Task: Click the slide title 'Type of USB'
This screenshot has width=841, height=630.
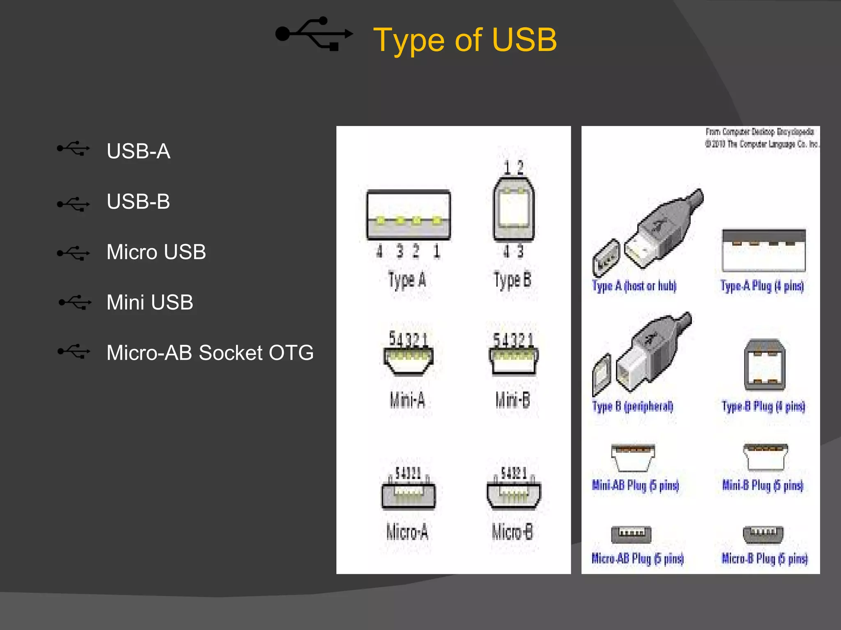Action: pyautogui.click(x=464, y=40)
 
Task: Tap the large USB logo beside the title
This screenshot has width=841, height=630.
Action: pyautogui.click(x=314, y=34)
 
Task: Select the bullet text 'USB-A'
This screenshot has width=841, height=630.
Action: pyautogui.click(x=138, y=151)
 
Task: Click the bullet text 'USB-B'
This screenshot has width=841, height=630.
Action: pyautogui.click(x=138, y=201)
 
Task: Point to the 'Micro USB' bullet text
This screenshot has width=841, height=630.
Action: pyautogui.click(x=156, y=252)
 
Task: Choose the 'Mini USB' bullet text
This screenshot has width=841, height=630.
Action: pyautogui.click(x=149, y=302)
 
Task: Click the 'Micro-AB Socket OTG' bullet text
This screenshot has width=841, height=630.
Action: pyautogui.click(x=210, y=353)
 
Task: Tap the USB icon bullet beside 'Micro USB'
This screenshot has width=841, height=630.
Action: pyautogui.click(x=74, y=253)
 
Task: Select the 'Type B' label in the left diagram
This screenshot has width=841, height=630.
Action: pyautogui.click(x=512, y=281)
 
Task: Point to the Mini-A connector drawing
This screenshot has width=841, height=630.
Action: pyautogui.click(x=408, y=360)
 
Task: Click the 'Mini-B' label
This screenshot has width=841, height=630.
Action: pyautogui.click(x=513, y=399)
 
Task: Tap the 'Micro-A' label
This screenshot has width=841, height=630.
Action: pyautogui.click(x=407, y=532)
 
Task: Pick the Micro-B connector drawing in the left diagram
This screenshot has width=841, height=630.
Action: pyautogui.click(x=514, y=494)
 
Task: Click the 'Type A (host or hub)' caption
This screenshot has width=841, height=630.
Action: pyautogui.click(x=634, y=286)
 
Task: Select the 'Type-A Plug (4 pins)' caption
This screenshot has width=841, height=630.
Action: pyautogui.click(x=762, y=286)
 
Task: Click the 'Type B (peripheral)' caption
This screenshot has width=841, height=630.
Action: pyautogui.click(x=633, y=406)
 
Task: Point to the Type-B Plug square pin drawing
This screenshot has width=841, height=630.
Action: pyautogui.click(x=765, y=365)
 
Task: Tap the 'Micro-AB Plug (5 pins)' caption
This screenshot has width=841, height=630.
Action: pyautogui.click(x=637, y=558)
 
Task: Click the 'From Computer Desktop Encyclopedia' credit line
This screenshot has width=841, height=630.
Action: pyautogui.click(x=760, y=132)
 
